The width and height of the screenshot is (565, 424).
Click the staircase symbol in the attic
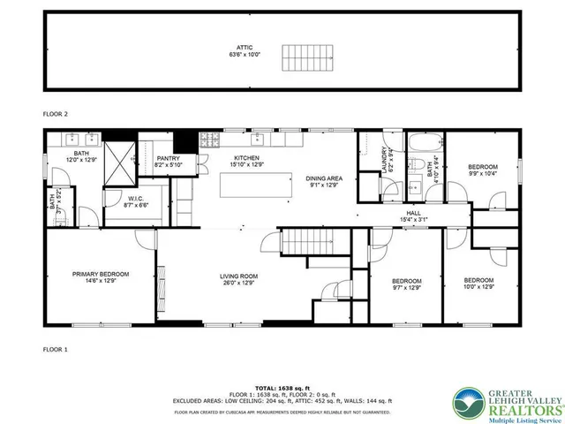point(305,57)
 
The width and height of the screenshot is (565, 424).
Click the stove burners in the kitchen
point(213,140)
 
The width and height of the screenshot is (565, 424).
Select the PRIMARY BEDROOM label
point(101,274)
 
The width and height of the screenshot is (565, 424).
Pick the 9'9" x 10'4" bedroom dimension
point(482,174)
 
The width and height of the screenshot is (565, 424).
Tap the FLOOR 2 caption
point(56,114)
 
